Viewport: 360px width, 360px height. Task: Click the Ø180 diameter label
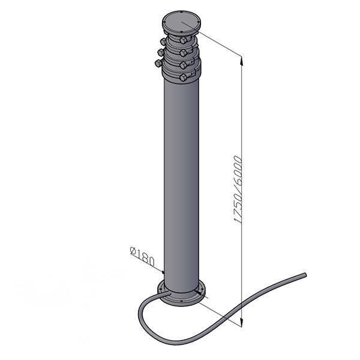pos(142,256)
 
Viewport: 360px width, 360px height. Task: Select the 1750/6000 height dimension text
pos(238,190)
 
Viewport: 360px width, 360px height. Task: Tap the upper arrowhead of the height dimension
pos(242,61)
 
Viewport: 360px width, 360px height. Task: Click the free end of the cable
pos(305,275)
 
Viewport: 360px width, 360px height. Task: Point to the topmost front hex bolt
pos(183,41)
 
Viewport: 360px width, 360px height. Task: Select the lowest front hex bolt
pos(183,77)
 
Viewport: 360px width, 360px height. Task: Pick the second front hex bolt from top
pos(183,53)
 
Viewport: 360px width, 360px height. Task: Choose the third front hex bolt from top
pos(183,65)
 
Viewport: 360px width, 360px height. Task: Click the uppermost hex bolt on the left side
pos(163,41)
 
